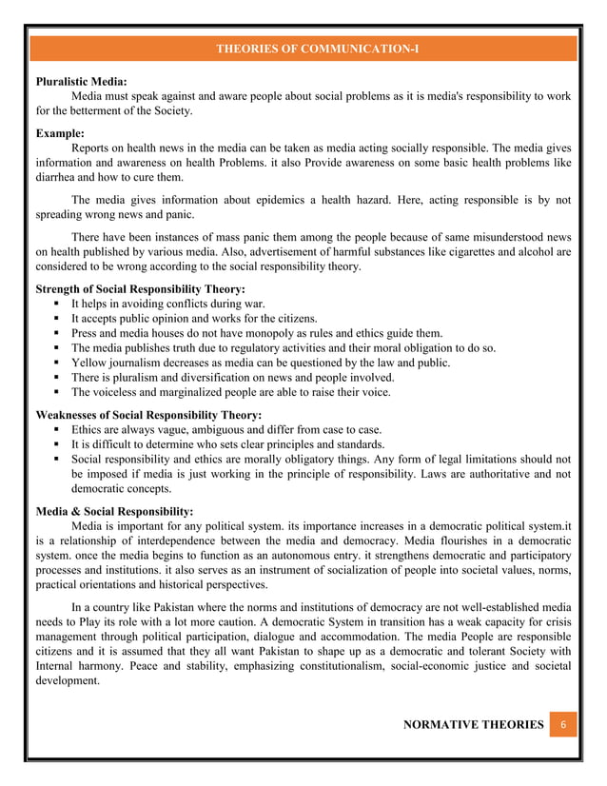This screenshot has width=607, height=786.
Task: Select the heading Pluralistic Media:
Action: [x=82, y=82]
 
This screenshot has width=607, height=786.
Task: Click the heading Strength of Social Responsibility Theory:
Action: [x=140, y=288]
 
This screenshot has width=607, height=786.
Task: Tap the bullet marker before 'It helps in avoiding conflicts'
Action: [x=59, y=304]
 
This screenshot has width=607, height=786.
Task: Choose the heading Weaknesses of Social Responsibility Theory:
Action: [x=148, y=414]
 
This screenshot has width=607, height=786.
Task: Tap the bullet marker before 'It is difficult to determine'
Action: [x=59, y=444]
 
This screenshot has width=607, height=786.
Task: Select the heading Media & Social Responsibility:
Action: [x=114, y=511]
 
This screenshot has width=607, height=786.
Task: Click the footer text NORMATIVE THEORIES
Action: [x=472, y=726]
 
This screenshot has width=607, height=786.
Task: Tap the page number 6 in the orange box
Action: [x=563, y=726]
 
